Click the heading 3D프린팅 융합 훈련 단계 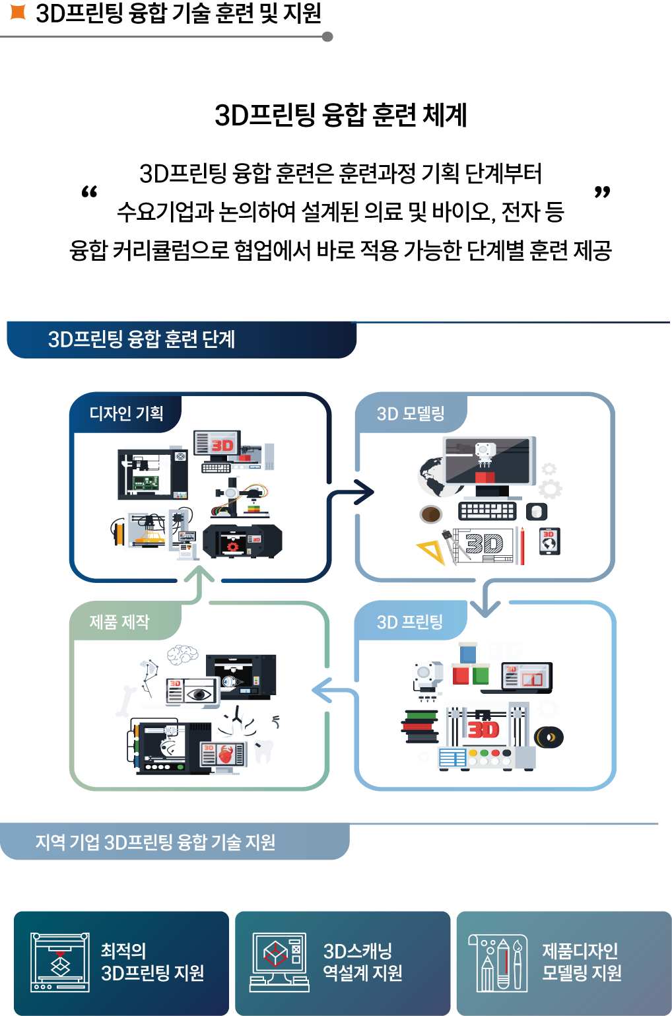coord(141,339)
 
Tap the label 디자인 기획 coord(126,414)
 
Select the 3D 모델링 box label coord(411,414)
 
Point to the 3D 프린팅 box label coord(409,622)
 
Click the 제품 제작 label coord(119,622)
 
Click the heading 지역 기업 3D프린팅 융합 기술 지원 coord(155,842)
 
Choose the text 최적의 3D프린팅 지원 coord(152,962)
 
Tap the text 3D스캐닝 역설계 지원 coord(362,962)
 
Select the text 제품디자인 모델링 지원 coord(582,962)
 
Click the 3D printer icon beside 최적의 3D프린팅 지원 coord(60,962)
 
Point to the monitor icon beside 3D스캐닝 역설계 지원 coord(279,962)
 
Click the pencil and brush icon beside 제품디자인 coord(498,963)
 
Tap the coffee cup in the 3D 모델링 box coord(432,514)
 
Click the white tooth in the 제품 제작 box coord(263,750)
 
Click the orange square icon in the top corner coord(18,12)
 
